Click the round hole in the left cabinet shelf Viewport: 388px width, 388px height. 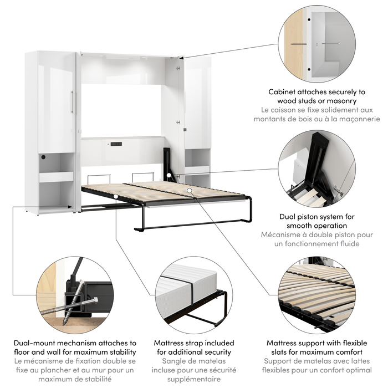point(43,159)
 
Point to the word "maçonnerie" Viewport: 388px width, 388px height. point(353,119)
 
